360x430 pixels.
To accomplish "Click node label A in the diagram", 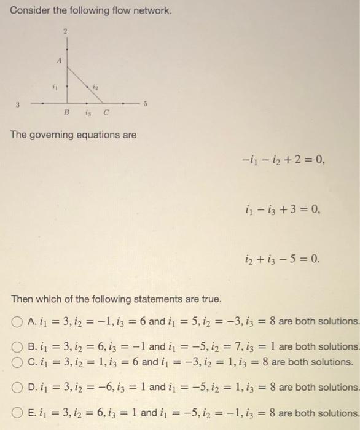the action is click(x=58, y=60).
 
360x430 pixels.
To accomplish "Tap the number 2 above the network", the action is click(x=67, y=29).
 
